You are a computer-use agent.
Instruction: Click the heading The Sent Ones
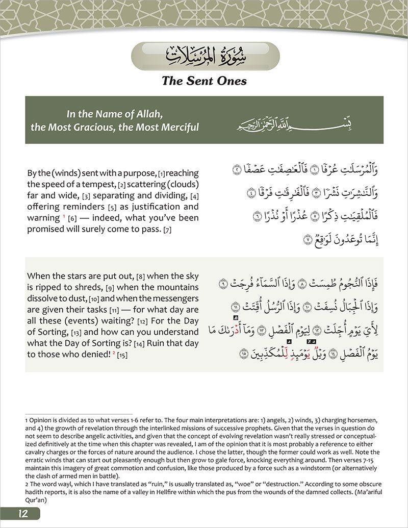[204, 80]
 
